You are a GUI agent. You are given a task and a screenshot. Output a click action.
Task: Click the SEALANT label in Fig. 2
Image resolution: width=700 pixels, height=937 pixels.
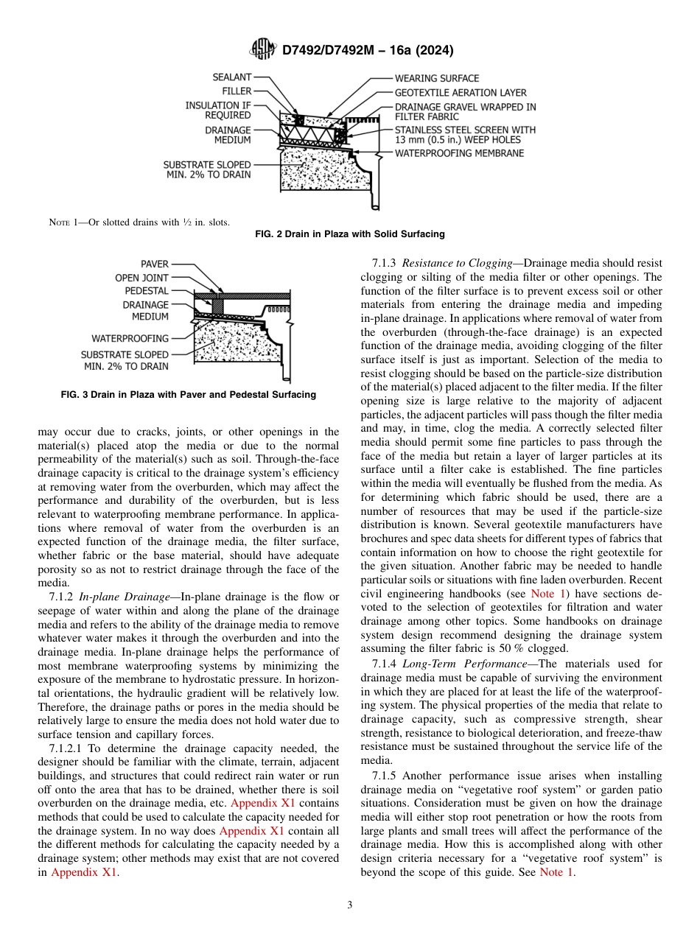point(231,77)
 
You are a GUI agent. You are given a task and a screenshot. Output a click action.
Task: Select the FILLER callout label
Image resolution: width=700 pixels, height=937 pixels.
point(237,91)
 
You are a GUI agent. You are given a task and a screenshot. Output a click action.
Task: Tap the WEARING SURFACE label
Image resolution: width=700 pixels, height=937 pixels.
point(436,78)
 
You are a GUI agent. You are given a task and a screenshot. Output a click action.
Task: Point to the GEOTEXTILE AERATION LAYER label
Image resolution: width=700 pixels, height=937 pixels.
point(461,93)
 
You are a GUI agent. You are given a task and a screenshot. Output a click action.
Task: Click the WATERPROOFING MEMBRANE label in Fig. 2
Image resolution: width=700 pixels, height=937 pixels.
point(459,153)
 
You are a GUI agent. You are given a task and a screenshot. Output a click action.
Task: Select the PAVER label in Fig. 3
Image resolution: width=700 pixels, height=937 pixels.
point(155,264)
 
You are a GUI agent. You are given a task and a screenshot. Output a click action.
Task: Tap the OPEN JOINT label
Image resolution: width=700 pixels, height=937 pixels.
point(141,278)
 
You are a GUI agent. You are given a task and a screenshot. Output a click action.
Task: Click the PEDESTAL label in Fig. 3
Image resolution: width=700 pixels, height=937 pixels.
point(146,291)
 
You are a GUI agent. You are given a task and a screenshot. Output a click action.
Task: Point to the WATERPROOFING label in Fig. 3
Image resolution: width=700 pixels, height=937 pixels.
point(130,338)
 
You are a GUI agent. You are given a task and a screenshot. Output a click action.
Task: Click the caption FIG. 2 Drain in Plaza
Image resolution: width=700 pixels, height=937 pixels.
point(349,234)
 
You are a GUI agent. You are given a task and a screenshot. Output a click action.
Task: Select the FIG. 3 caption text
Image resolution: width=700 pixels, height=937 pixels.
point(188,395)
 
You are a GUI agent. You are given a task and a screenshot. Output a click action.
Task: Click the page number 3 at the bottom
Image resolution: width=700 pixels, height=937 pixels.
point(350,905)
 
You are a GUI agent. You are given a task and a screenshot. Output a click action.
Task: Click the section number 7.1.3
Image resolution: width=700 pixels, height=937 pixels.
point(385,263)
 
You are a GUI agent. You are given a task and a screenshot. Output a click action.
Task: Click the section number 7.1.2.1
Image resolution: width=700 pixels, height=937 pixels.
point(64,748)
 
